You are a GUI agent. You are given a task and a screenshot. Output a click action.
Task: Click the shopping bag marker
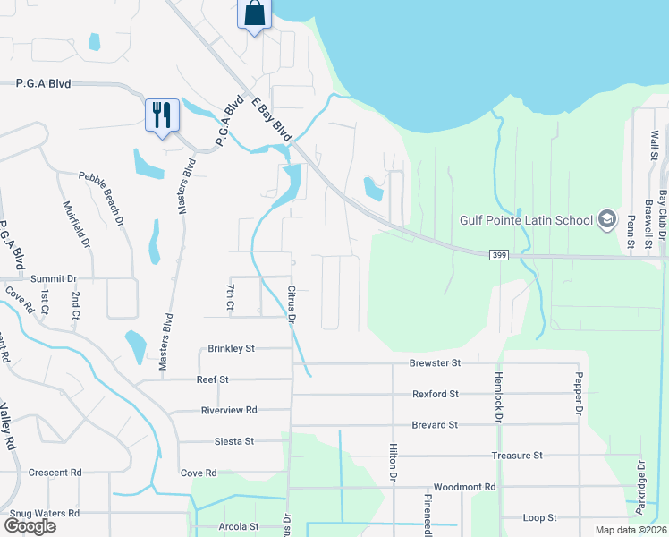[255, 14]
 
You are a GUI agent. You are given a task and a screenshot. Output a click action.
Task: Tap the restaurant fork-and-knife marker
[162, 115]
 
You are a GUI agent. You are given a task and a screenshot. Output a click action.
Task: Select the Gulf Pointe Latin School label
[526, 220]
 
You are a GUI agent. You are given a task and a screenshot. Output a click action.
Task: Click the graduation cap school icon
[606, 220]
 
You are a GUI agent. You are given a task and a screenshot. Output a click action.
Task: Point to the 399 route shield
[500, 256]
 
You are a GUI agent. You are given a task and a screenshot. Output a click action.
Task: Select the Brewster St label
[435, 363]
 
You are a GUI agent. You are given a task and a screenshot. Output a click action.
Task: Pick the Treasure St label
[517, 456]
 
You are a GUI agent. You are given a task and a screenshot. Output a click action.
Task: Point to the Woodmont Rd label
[467, 487]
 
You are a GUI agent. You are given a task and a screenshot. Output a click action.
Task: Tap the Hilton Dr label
[393, 463]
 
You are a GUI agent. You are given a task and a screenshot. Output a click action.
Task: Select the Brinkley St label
[232, 348]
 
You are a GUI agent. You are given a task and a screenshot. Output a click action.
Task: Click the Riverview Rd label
[230, 410]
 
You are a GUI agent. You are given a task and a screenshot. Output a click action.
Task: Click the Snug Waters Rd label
[43, 513]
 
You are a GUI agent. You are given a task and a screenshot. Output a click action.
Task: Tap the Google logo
[30, 526]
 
